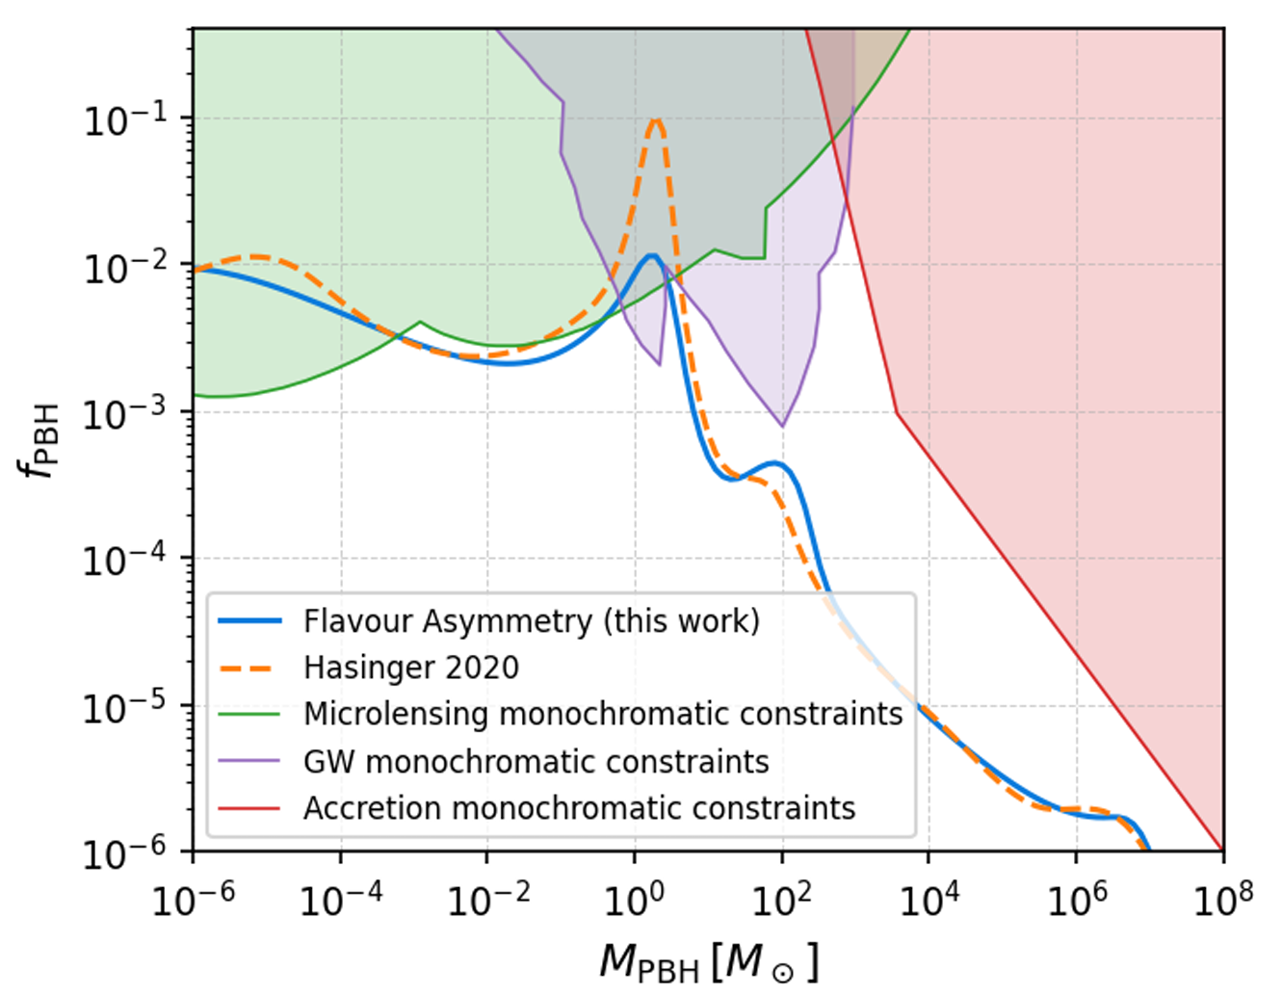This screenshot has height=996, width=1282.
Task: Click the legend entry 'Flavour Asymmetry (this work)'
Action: pyautogui.click(x=531, y=621)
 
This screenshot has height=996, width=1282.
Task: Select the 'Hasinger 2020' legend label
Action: pyautogui.click(x=411, y=668)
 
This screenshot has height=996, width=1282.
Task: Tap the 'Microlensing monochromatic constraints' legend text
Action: pyautogui.click(x=603, y=714)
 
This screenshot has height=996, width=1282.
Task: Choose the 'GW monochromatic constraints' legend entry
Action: pyautogui.click(x=536, y=761)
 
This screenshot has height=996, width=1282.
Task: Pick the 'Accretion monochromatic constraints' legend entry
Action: pyautogui.click(x=579, y=807)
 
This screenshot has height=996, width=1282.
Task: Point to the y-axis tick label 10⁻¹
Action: pyautogui.click(x=125, y=120)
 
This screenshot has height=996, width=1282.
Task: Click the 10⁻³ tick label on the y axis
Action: pyautogui.click(x=125, y=414)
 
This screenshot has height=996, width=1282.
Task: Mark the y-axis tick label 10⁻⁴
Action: pyautogui.click(x=125, y=561)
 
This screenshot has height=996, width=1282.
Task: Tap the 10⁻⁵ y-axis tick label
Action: pyautogui.click(x=125, y=708)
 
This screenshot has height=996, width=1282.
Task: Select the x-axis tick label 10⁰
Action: pyautogui.click(x=636, y=901)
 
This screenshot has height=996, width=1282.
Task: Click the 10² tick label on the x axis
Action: pyautogui.click(x=782, y=901)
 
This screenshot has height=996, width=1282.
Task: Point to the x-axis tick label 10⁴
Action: pyautogui.click(x=929, y=901)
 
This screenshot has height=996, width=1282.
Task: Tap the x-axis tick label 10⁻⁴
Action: pyautogui.click(x=341, y=901)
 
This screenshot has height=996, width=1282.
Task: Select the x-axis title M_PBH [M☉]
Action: pyautogui.click(x=709, y=961)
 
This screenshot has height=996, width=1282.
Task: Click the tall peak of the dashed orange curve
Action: pyautogui.click(x=656, y=119)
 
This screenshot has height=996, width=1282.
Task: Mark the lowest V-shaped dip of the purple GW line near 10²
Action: pyautogui.click(x=782, y=426)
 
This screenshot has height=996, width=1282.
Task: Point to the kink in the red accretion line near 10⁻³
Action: pyautogui.click(x=897, y=412)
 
